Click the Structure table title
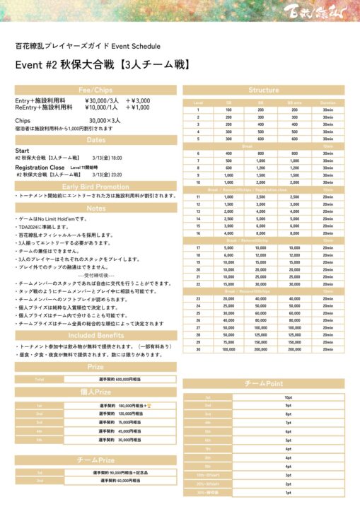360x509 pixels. [264, 90]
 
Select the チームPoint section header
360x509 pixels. [264, 383]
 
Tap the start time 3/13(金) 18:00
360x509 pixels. [107, 158]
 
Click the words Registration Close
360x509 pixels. [40, 167]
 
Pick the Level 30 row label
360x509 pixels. [199, 349]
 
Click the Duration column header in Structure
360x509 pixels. [327, 103]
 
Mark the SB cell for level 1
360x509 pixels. [228, 110]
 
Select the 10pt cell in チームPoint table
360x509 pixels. [308, 397]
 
